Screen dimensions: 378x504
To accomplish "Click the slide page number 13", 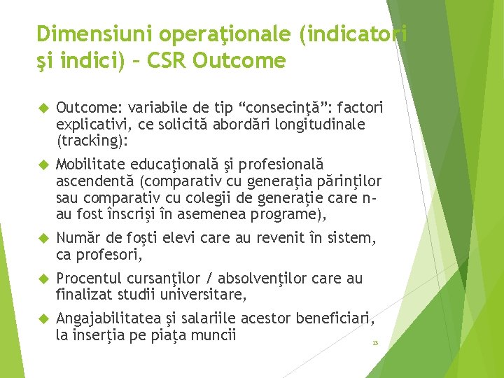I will click(375, 343).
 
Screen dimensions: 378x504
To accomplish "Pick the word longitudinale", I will click(325, 124).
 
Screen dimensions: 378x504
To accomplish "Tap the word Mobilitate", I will click(89, 164).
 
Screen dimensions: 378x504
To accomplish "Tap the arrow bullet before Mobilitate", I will click(41, 164).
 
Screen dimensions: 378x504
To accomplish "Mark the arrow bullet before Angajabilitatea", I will click(41, 320).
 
